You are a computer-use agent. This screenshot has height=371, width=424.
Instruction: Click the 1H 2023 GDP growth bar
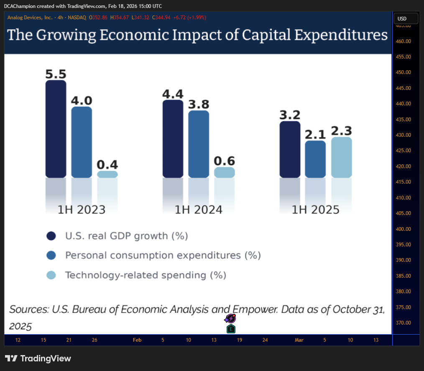click(x=56, y=129)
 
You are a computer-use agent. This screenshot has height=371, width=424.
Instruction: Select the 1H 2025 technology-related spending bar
click(x=342, y=157)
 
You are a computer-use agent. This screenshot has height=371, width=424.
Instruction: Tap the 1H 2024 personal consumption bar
click(x=199, y=144)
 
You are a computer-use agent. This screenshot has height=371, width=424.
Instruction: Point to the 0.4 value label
click(x=107, y=165)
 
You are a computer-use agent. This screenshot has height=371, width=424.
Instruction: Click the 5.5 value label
click(x=56, y=74)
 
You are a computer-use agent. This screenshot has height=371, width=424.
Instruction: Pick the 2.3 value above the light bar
click(x=342, y=131)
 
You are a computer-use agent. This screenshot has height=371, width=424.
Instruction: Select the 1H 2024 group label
click(x=199, y=210)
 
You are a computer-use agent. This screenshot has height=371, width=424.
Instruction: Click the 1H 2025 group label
click(x=316, y=210)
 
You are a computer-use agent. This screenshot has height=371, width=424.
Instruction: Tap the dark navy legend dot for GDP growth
click(x=51, y=236)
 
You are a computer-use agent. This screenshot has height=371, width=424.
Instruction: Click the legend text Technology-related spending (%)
click(x=146, y=275)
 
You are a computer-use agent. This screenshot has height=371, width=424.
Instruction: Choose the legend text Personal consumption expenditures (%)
click(x=163, y=256)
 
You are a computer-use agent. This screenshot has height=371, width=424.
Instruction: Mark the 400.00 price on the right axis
click(x=404, y=229)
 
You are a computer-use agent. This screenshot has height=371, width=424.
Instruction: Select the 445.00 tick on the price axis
click(x=404, y=88)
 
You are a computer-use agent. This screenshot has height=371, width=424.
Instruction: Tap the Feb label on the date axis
click(x=137, y=340)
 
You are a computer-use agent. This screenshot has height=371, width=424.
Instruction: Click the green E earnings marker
click(x=231, y=329)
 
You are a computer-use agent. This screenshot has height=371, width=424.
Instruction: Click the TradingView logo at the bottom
click(x=38, y=358)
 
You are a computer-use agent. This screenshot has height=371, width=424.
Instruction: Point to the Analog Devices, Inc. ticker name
click(x=30, y=18)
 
